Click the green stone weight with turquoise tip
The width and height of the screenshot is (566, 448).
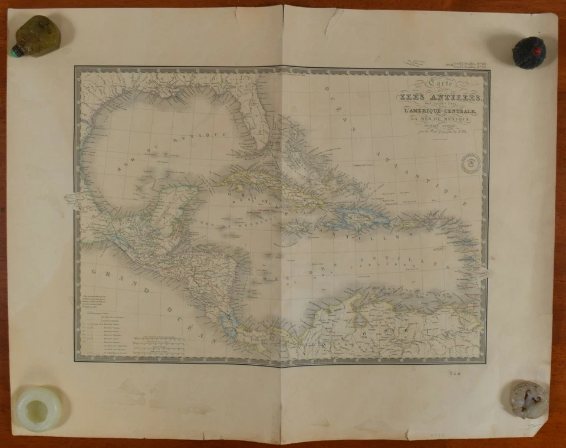(37, 36)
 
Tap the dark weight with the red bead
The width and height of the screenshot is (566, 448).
(529, 52)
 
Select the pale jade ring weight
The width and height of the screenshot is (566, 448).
(39, 408)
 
